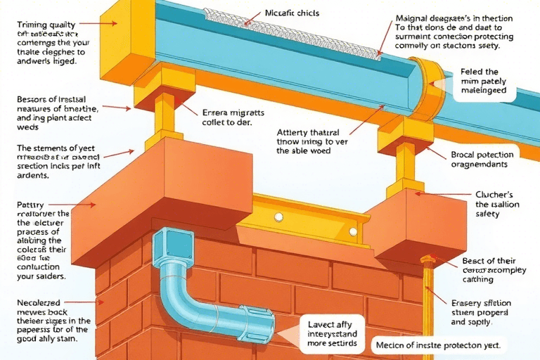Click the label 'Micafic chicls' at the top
(x=291, y=13)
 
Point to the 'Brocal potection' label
(x=482, y=160)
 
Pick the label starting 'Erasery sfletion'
(x=482, y=311)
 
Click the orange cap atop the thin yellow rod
(x=426, y=260)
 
